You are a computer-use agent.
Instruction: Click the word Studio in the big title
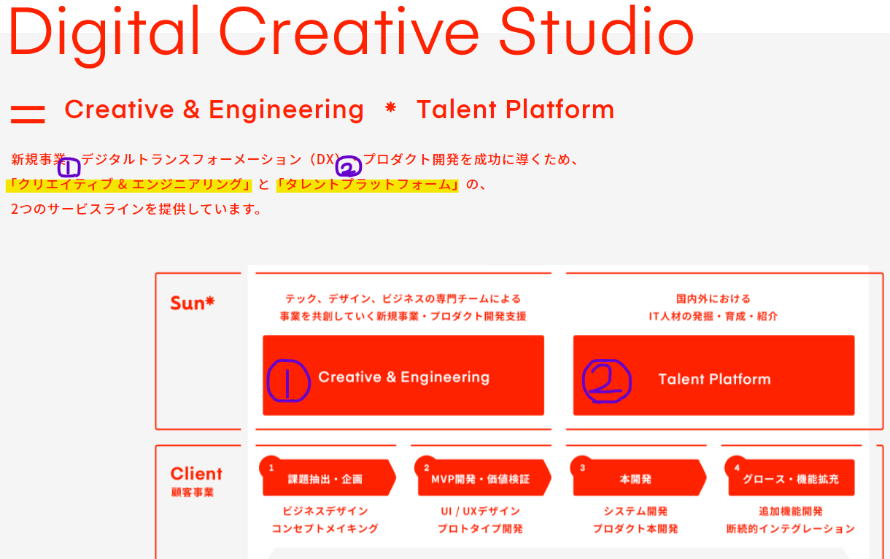[597, 31]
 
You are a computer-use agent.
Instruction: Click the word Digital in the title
[104, 36]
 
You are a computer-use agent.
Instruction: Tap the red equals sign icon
[28, 115]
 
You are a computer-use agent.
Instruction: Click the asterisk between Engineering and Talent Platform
[390, 108]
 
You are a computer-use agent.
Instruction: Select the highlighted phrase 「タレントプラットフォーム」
[367, 185]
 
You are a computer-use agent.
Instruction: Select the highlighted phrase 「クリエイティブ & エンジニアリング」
[128, 185]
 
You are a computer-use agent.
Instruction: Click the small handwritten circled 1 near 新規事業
[69, 167]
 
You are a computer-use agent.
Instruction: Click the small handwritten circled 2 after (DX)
[349, 166]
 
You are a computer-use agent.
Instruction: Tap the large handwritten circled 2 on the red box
[607, 381]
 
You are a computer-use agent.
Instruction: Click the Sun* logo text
[193, 303]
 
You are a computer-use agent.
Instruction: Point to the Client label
[196, 474]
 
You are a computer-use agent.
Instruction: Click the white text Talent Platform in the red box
[714, 379]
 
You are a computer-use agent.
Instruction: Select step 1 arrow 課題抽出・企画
[328, 477]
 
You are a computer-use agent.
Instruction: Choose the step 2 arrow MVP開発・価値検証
[482, 477]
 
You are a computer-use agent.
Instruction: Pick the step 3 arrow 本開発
[638, 477]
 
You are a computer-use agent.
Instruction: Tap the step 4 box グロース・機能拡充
[790, 477]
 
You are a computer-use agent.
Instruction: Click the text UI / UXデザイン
[480, 512]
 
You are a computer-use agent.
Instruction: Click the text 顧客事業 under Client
[193, 492]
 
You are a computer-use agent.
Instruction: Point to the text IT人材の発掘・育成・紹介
[713, 317]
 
